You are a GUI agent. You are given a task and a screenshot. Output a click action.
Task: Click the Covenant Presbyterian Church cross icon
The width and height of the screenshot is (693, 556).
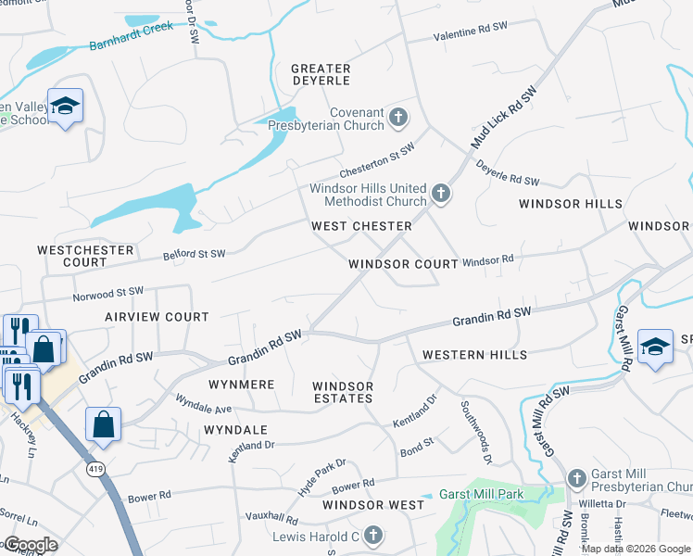(x=398, y=117)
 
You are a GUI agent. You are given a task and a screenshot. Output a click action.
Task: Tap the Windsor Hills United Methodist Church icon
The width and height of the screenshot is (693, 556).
(x=441, y=195)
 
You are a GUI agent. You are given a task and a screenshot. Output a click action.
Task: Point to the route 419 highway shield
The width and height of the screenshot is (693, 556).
(x=95, y=471)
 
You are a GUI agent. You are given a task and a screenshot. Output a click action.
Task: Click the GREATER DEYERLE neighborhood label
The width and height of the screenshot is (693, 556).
(x=321, y=75)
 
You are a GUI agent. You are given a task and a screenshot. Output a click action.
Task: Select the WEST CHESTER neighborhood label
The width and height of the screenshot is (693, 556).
(x=361, y=226)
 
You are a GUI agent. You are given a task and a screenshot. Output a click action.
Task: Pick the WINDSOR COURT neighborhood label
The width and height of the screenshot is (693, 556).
(x=403, y=264)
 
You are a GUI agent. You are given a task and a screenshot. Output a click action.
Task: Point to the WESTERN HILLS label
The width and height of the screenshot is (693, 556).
(x=474, y=355)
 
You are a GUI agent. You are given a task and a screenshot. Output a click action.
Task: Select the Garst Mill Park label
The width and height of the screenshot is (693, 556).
(x=481, y=494)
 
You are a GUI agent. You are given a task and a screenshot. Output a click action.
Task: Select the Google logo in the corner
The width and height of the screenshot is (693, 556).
(x=30, y=545)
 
